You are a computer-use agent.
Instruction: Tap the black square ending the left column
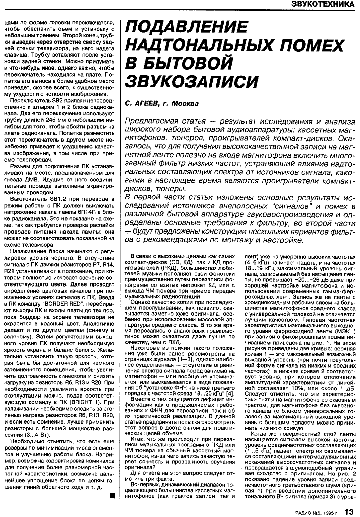(x=112, y=495)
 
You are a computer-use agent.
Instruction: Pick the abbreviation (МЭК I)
(x=344, y=331)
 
